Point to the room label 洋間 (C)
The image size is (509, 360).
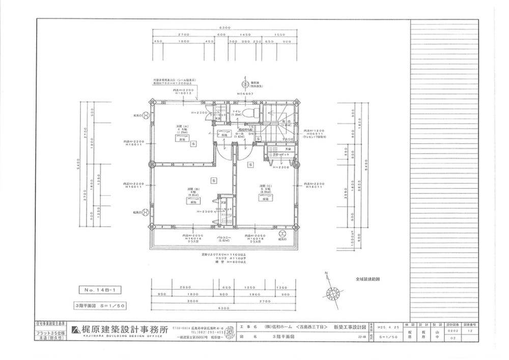265,186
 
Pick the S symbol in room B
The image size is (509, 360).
214,180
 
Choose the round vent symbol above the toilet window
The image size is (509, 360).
244,86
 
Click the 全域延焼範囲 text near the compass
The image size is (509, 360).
368,279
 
